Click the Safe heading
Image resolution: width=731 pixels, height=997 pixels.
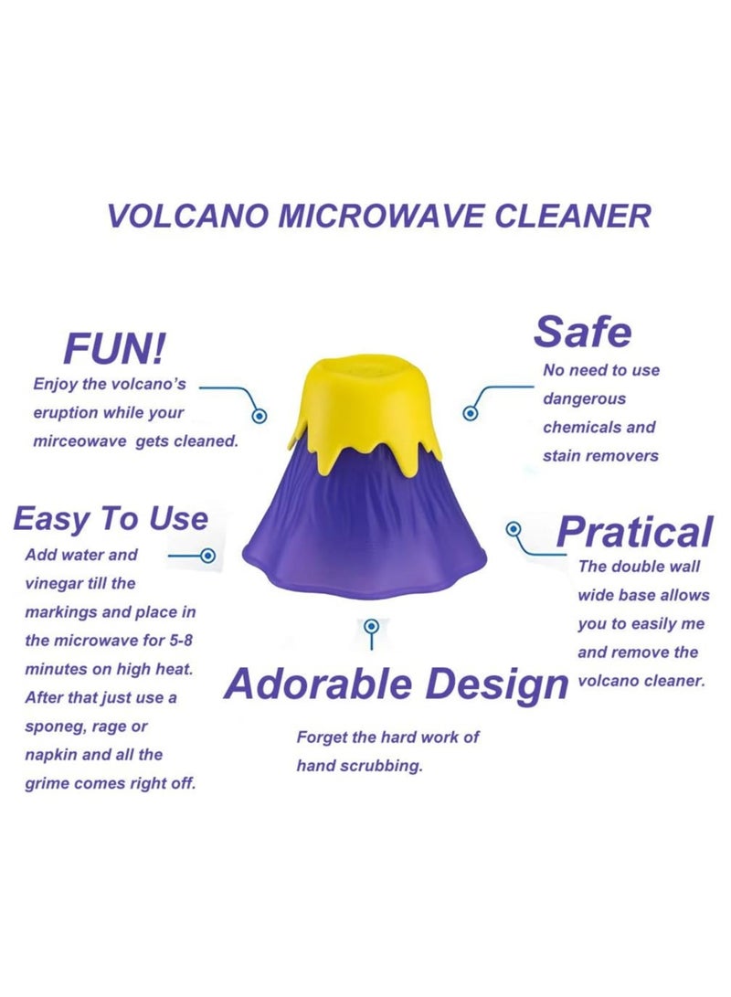(582, 332)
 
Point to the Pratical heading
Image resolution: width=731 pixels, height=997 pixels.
(634, 532)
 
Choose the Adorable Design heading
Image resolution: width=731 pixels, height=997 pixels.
(395, 684)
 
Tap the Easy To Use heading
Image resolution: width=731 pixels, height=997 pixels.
(111, 519)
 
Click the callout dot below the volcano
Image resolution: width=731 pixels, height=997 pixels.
(371, 627)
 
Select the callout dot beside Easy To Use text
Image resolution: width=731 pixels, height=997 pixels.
(207, 555)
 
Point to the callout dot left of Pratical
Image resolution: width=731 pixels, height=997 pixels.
(514, 529)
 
